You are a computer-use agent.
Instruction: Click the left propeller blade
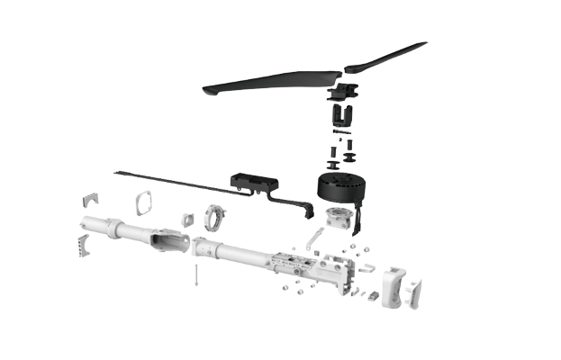click(261, 82)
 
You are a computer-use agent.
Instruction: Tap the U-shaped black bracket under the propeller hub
click(344, 115)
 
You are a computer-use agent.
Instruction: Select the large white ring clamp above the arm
click(215, 216)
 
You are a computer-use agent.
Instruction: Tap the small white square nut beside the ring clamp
click(188, 218)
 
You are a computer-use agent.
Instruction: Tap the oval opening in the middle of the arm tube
click(167, 240)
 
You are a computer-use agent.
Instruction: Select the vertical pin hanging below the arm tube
click(195, 274)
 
